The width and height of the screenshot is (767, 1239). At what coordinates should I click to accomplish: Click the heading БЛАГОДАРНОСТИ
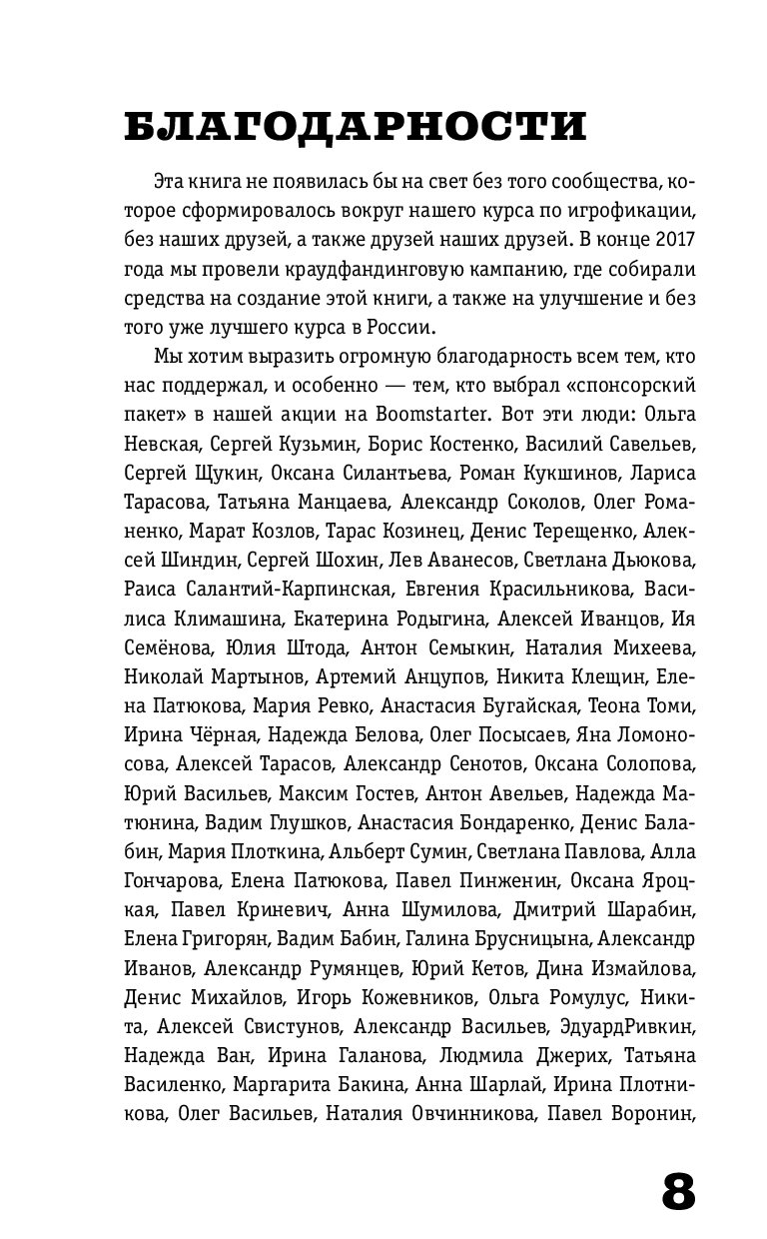(x=355, y=128)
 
